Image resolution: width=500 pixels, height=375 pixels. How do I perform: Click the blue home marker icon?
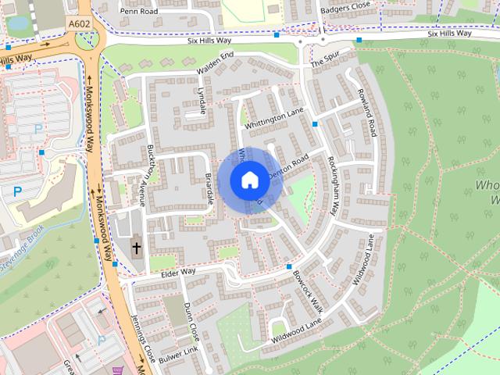click(249, 180)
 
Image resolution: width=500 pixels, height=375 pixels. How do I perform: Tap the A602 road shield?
click(79, 24)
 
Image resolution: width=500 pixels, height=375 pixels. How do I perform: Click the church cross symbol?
click(137, 248)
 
